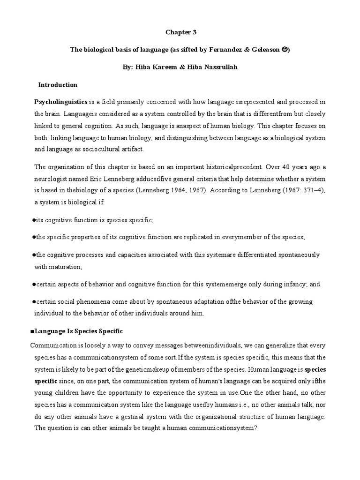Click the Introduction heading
click(x=58, y=85)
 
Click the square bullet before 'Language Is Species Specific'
click(x=32, y=331)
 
